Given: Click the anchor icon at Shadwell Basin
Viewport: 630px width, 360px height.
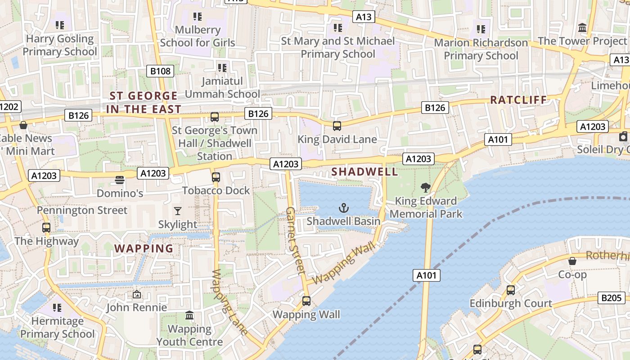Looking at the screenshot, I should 344,208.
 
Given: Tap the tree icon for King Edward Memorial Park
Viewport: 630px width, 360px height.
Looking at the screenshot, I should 425,188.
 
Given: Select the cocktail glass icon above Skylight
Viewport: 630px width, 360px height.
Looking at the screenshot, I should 178,211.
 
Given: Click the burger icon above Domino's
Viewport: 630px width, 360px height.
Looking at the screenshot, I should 120,180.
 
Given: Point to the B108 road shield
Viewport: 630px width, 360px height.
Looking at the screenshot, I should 161,71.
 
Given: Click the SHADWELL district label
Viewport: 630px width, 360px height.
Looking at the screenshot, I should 364,171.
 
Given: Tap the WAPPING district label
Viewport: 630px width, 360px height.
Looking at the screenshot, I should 144,248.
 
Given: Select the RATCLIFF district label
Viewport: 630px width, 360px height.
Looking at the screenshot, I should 518,100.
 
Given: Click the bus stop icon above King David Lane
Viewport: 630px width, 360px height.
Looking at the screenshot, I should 337,126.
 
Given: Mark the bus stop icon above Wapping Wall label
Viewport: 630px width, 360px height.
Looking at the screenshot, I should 306,301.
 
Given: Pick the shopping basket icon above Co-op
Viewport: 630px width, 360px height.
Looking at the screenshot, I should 572,261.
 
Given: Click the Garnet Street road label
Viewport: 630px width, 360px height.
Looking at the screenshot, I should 295,241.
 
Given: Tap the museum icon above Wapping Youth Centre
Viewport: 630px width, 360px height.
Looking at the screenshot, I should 189,315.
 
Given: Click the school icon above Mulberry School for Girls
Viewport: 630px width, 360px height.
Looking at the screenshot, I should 197,17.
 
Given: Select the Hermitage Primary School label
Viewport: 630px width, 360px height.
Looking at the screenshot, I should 58,328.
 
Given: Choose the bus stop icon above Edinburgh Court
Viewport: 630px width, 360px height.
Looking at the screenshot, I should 511,290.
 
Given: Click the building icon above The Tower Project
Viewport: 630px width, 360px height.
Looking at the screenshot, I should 583,28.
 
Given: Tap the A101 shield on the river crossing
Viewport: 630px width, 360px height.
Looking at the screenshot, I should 427,275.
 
